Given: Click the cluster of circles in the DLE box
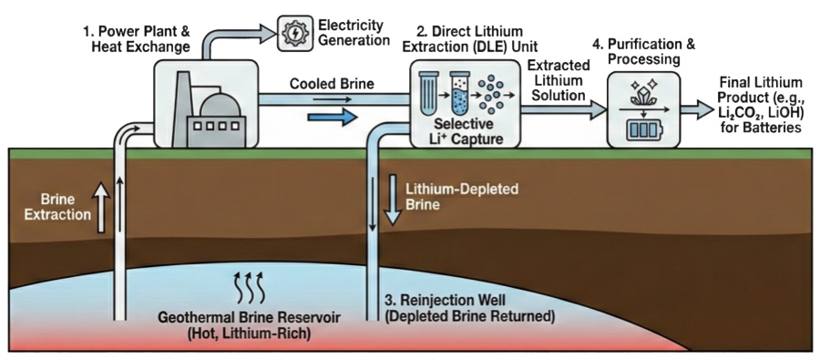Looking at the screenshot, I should [497, 92].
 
